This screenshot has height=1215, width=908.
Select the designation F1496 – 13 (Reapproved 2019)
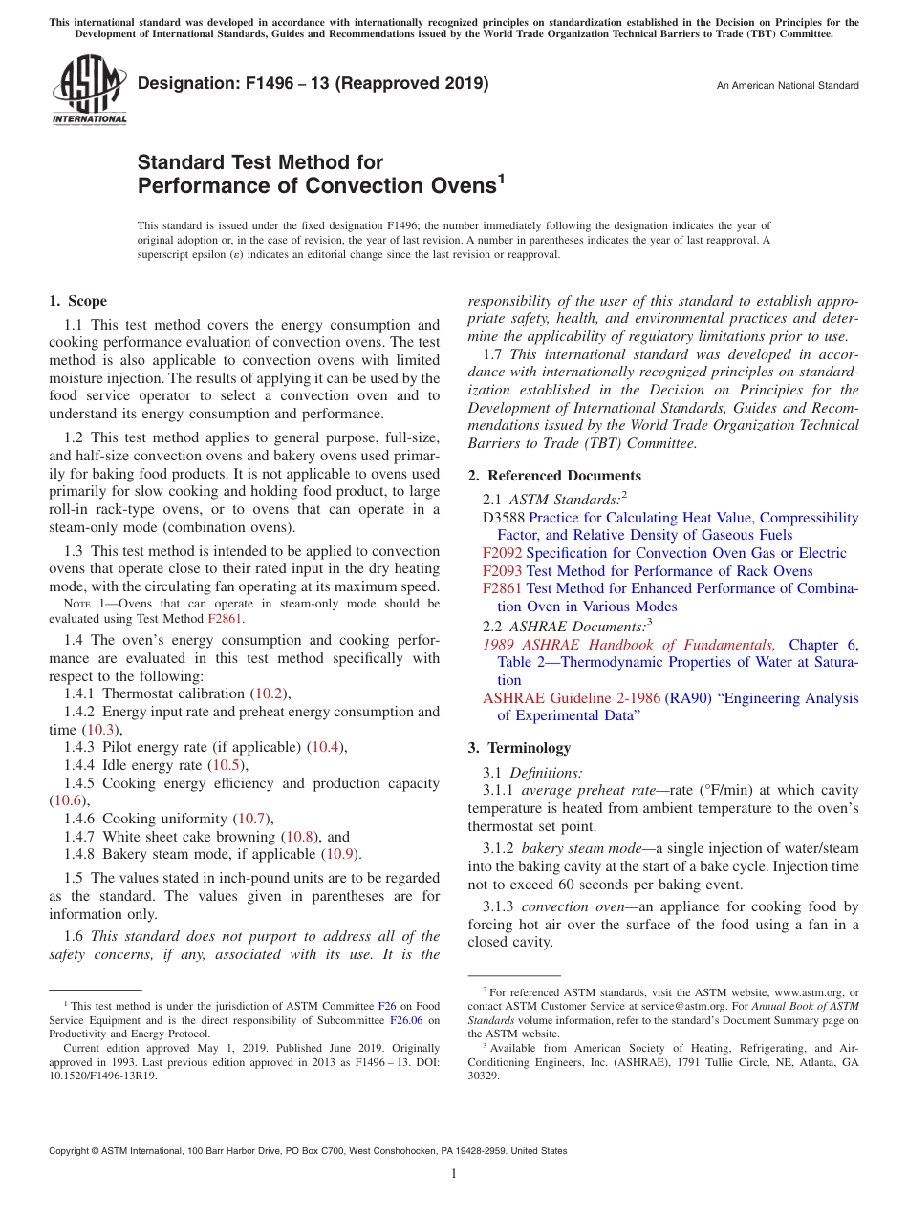point(313,83)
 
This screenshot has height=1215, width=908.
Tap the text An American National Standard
point(788,86)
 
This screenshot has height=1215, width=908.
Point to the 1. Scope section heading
point(77,301)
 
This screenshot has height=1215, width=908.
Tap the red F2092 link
point(502,553)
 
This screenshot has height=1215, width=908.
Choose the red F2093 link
point(502,571)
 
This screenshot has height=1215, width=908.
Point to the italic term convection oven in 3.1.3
point(569,906)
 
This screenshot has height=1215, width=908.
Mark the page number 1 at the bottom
point(454,1174)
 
